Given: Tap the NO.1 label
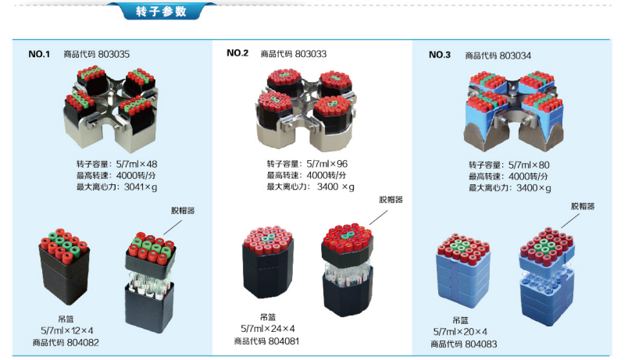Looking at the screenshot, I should click(39, 55).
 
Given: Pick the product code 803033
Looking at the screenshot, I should click(311, 54).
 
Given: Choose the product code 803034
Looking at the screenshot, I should click(516, 55).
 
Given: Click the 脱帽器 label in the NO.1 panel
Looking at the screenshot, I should click(184, 211).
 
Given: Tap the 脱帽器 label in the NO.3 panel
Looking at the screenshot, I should click(583, 206).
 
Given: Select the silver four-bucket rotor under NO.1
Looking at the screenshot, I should click(116, 109).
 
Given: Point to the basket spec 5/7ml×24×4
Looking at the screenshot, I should click(267, 329).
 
